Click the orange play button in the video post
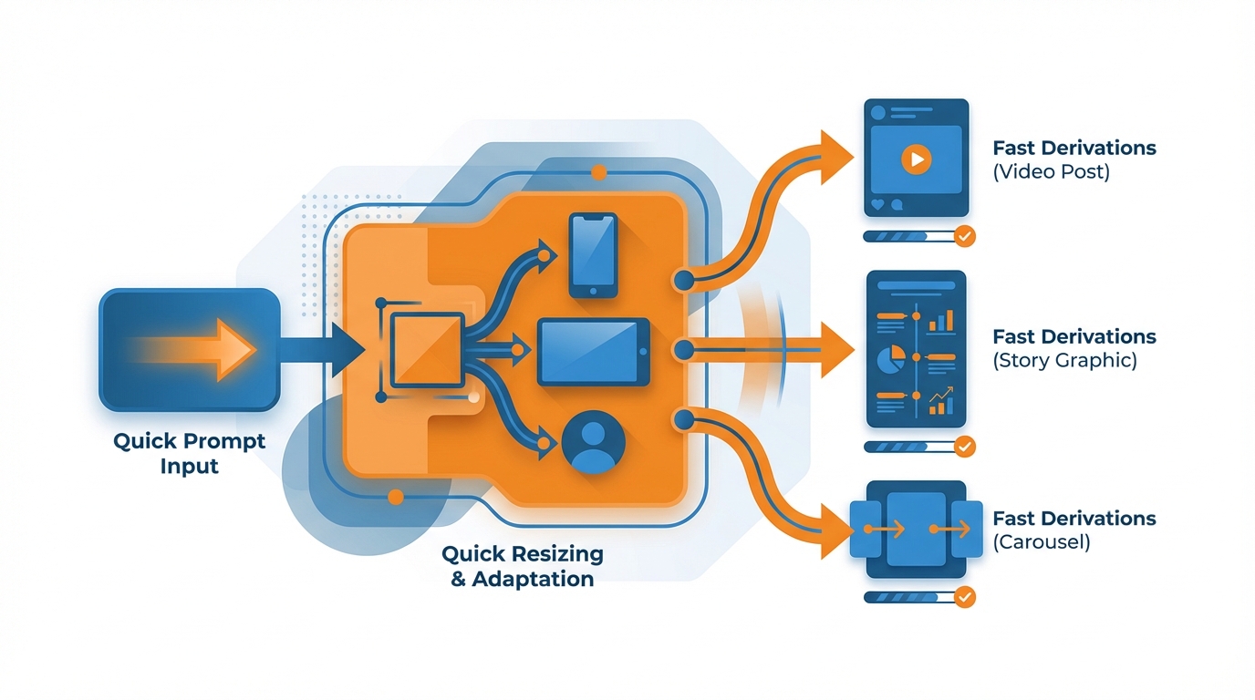(916, 160)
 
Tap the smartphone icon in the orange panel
(593, 255)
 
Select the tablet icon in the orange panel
(594, 352)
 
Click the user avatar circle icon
(594, 442)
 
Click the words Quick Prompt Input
(190, 453)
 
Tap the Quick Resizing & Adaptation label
(523, 566)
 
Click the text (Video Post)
(1051, 171)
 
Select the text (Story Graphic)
(1064, 360)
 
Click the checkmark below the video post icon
(964, 236)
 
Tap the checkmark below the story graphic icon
(964, 447)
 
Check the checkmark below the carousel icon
(964, 597)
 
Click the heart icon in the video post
(877, 206)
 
